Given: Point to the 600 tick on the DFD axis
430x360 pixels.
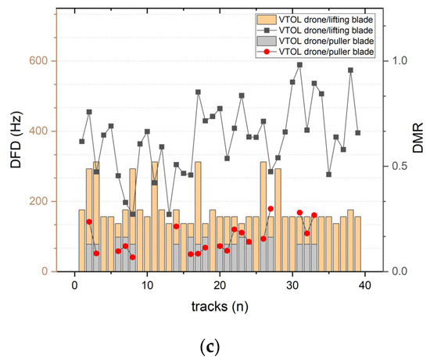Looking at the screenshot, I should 40,61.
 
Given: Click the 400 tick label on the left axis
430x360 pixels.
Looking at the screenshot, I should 40,131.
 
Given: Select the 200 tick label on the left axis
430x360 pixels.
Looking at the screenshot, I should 40,201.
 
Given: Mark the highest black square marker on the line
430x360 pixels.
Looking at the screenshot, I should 299,65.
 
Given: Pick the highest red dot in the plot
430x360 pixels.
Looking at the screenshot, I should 271,209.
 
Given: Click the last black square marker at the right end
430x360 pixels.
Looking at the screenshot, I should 358,133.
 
